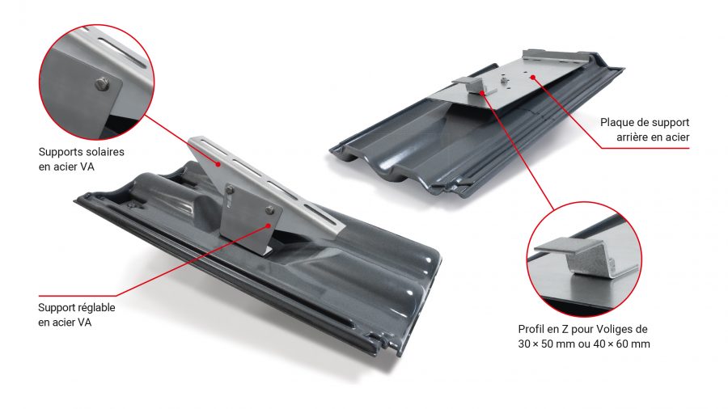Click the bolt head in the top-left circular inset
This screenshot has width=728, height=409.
coord(102,84)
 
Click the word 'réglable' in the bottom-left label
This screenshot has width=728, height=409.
coord(96,307)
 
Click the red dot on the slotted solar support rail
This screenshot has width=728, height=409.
coord(218,164)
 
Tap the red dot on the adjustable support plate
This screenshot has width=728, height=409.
coord(269,226)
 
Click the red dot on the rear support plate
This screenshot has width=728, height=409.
coord(532,77)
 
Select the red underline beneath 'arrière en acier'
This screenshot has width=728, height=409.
coord(645,149)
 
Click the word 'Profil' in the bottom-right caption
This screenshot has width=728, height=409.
coord(531,330)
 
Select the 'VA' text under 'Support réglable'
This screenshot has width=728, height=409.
coord(84,323)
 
